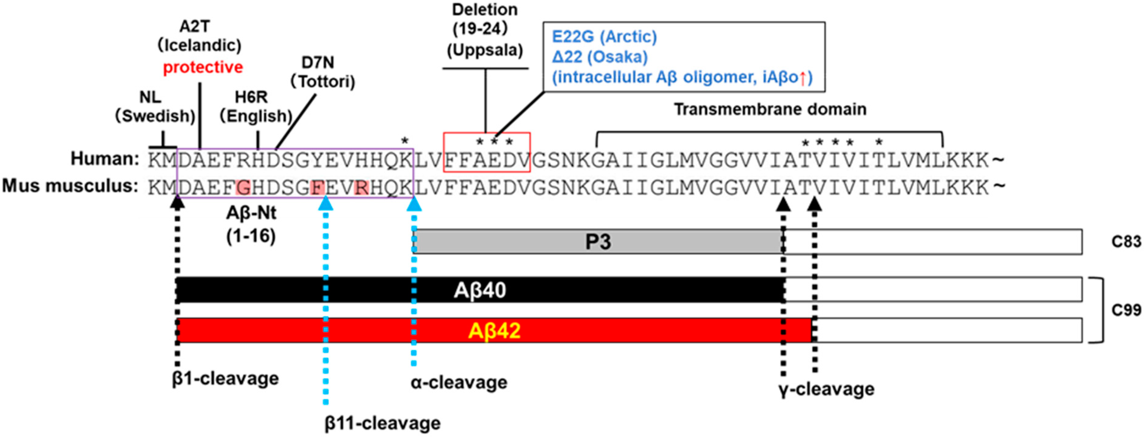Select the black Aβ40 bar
pos(480,290)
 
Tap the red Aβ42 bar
pos(494,330)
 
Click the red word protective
pos(203,68)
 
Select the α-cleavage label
pos(459,382)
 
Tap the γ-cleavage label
pos(826,389)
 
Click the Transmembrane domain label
pos(770,109)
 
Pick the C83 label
pos(1125,241)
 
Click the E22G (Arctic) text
pos(604,37)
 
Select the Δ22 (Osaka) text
pos(599,57)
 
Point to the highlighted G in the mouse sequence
pos(243,188)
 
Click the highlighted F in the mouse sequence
pos(317,188)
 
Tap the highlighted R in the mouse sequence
pos(362,188)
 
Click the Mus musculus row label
pos(70,186)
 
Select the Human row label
pos(105,159)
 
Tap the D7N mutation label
pos(318,63)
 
